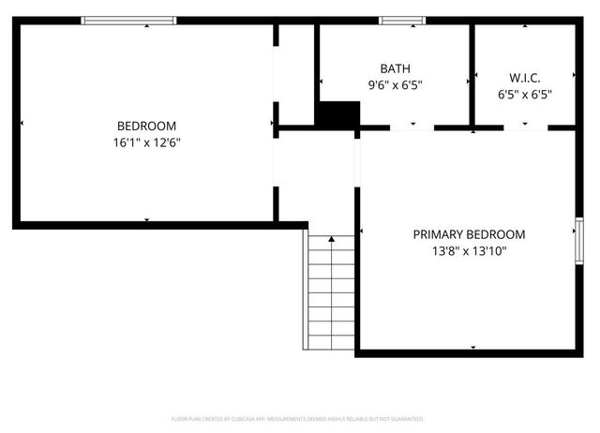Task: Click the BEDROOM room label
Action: point(146,126)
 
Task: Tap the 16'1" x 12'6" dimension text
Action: point(146,142)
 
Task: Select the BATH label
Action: point(395,68)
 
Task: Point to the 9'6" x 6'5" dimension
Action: point(395,84)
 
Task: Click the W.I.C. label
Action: point(525,77)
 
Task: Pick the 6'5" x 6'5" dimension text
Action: point(525,94)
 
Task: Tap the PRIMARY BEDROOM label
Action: point(469,234)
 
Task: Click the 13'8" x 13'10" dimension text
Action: point(469,251)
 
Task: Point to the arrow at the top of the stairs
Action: point(331,240)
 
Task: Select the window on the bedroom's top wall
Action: point(128,21)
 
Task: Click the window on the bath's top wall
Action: point(395,21)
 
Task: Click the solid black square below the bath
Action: point(337,114)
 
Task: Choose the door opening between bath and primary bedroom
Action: point(412,127)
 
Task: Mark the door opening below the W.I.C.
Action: point(525,127)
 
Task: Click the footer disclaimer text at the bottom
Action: point(298,419)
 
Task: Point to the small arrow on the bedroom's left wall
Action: point(22,123)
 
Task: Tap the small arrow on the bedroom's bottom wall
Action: point(146,219)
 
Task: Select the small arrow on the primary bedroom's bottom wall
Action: point(472,347)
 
